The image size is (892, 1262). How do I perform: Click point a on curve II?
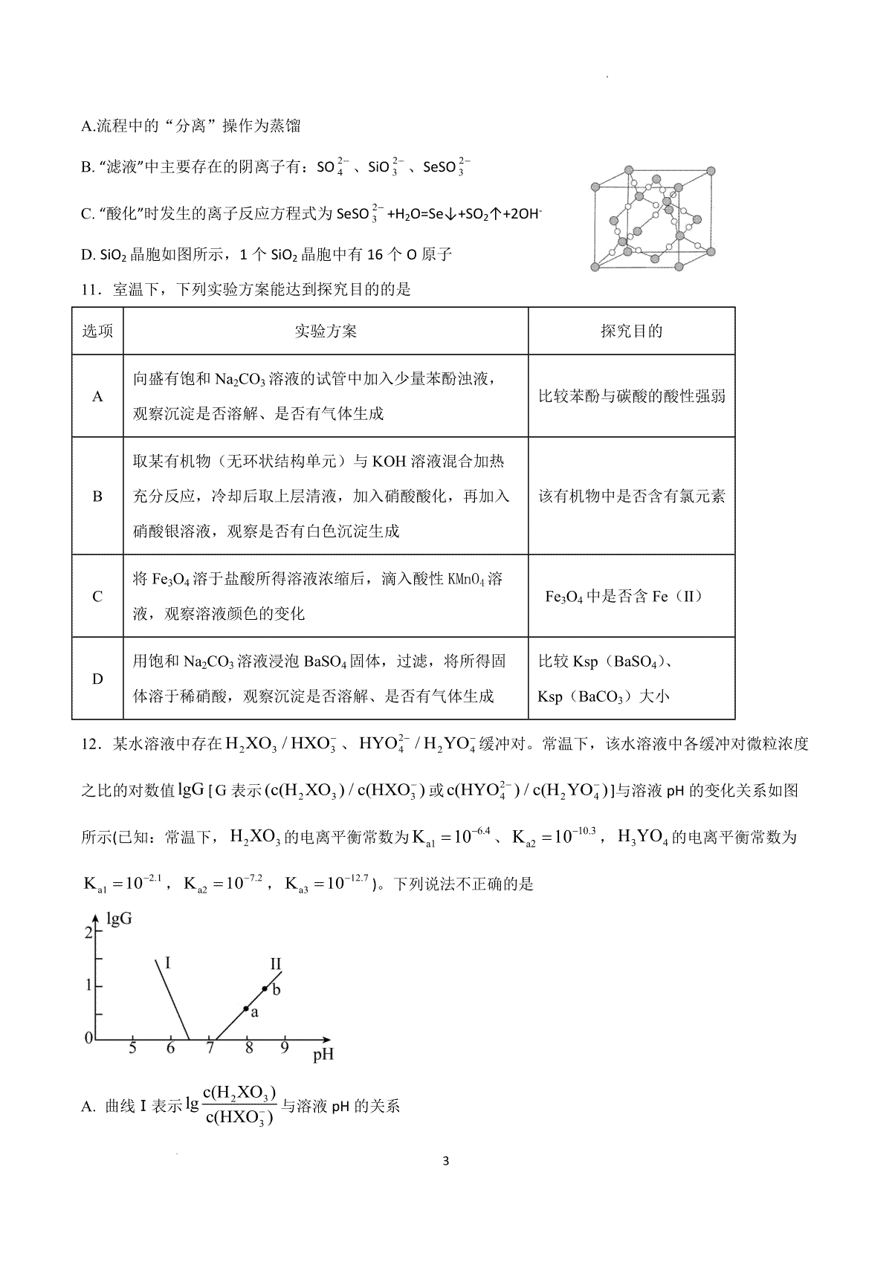click(x=246, y=1009)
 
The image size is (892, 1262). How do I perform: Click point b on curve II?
click(x=265, y=988)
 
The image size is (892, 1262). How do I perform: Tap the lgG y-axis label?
click(x=120, y=919)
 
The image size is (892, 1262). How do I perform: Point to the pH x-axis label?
click(x=323, y=1055)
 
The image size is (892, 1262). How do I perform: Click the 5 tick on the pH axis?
click(x=132, y=1049)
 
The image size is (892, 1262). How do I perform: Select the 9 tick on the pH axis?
click(x=284, y=1048)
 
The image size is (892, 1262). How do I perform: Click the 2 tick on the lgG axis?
click(x=88, y=932)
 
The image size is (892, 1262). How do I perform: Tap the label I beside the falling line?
click(x=168, y=963)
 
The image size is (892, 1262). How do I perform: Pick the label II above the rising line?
click(x=275, y=965)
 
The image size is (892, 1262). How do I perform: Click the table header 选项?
click(x=97, y=331)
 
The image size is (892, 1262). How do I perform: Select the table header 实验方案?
click(x=326, y=331)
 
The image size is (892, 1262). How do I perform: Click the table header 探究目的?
click(x=631, y=331)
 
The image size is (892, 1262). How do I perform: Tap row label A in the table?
click(x=97, y=397)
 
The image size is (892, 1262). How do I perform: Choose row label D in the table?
click(x=97, y=679)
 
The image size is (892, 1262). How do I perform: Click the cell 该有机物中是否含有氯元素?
click(x=631, y=496)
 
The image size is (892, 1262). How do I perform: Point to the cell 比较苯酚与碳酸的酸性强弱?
click(x=631, y=397)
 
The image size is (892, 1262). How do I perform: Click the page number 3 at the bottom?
click(x=445, y=1162)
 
